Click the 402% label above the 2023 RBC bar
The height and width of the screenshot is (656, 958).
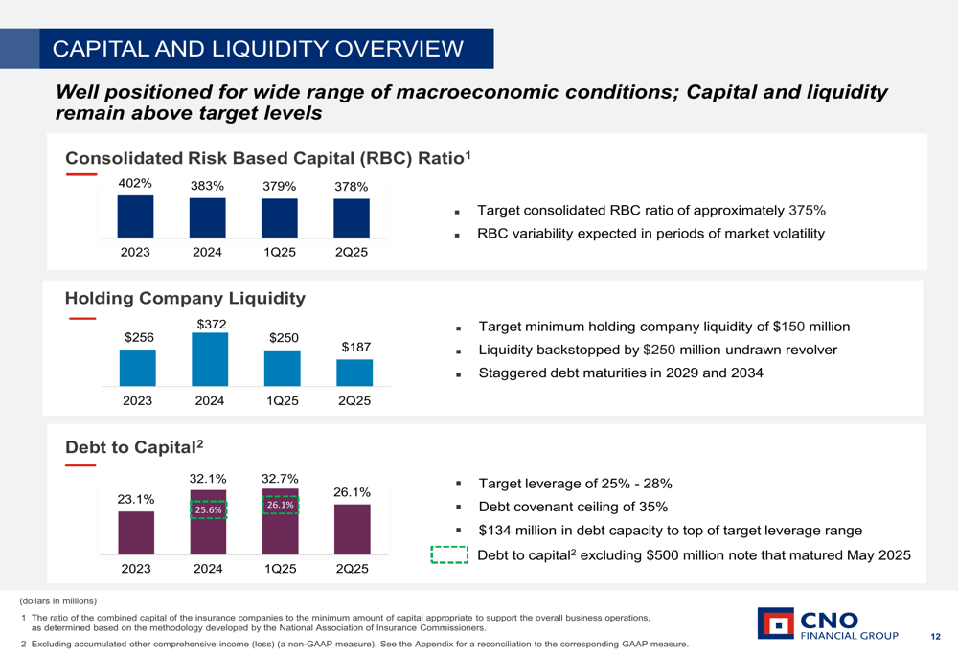135,183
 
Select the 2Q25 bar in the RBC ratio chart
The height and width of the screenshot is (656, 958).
352,217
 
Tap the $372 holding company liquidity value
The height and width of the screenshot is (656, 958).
211,325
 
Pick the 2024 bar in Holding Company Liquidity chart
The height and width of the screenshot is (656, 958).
210,359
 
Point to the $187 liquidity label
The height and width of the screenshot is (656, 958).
355,347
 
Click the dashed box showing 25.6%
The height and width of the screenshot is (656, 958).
208,509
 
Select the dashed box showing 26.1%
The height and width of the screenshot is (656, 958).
280,505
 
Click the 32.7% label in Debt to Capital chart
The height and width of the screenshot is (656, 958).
280,478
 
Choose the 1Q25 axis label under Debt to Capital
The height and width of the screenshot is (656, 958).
280,569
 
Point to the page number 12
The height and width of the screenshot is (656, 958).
936,637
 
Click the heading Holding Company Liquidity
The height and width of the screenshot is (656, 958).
185,298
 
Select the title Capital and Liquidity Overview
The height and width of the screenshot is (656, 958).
258,49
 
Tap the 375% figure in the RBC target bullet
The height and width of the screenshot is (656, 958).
807,211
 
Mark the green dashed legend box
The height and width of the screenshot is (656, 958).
448,555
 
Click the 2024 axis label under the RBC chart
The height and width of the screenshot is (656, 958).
207,252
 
